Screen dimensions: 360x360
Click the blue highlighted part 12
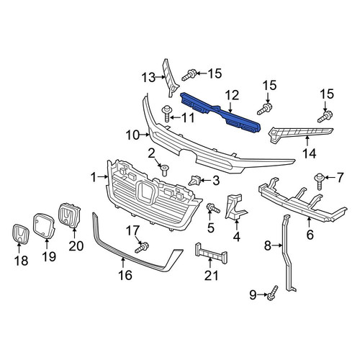(x=220, y=112)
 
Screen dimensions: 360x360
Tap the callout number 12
(x=232, y=95)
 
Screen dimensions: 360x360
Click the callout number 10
(x=132, y=135)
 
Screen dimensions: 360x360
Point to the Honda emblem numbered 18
(x=20, y=234)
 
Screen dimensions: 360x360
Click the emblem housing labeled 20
(x=69, y=215)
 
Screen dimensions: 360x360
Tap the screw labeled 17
(x=142, y=248)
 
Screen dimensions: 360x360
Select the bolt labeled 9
(x=272, y=293)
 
